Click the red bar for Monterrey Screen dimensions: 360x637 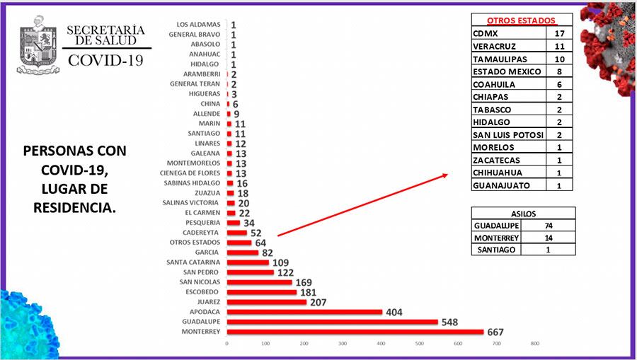tap(354, 332)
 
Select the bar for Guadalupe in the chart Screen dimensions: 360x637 tap(332, 322)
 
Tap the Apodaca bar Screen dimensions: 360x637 tap(304, 312)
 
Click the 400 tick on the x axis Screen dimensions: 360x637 tap(381, 344)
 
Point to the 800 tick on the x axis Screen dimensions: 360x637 tap(534, 344)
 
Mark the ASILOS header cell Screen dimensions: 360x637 tap(523, 213)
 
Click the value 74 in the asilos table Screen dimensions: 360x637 tap(549, 226)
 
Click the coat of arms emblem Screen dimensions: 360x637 tap(36, 43)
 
